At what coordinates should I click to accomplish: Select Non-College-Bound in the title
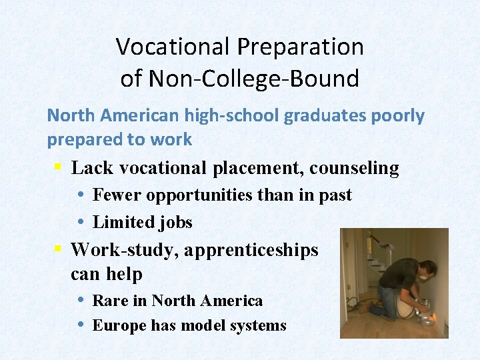click(254, 79)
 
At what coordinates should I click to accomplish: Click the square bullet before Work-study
click(58, 250)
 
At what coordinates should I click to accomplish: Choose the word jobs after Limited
click(176, 222)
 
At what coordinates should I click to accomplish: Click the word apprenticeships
click(251, 250)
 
